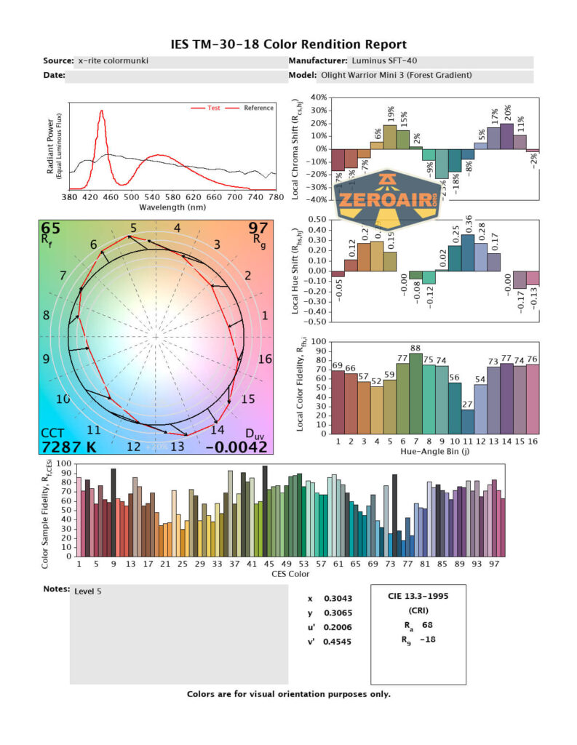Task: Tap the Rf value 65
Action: pyautogui.click(x=51, y=230)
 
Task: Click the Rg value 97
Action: pyautogui.click(x=259, y=230)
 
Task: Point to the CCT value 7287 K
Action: pyautogui.click(x=68, y=446)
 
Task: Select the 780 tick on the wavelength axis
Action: pyautogui.click(x=275, y=197)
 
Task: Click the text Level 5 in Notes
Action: pyautogui.click(x=88, y=591)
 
